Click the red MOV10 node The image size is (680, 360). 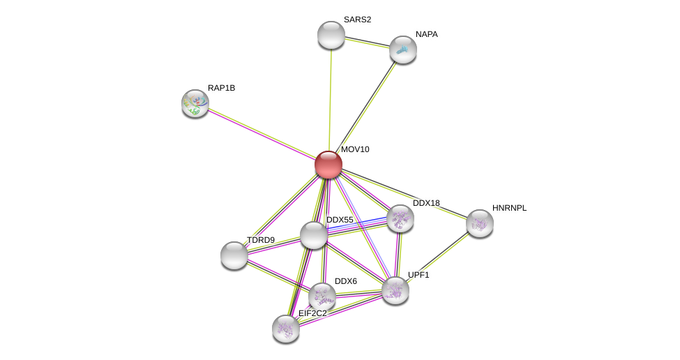click(328, 165)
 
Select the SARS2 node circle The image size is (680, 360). click(331, 35)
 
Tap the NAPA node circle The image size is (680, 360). click(403, 50)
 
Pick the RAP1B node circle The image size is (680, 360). click(195, 103)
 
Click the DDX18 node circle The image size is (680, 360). click(400, 218)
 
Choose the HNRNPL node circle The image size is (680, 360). click(480, 223)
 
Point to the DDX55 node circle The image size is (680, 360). click(314, 235)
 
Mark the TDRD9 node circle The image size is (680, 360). click(234, 255)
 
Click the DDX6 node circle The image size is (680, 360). click(322, 297)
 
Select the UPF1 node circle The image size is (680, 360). click(395, 290)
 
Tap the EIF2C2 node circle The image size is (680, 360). click(286, 329)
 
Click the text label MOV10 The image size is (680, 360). click(355, 149)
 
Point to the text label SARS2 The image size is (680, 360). click(357, 20)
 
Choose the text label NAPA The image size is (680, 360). click(426, 34)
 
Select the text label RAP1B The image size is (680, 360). click(221, 88)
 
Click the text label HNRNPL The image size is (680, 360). click(509, 208)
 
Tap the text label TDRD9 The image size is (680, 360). click(260, 240)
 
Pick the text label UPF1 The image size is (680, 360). click(418, 275)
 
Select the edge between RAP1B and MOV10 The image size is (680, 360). click(262, 134)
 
